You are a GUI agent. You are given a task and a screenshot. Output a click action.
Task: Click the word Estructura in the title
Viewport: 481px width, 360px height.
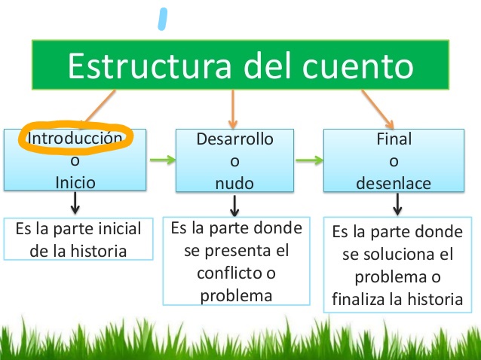(149, 66)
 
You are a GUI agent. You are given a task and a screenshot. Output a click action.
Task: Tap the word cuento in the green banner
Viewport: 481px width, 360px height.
(357, 66)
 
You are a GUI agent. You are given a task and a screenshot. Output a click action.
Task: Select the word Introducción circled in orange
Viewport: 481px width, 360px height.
(75, 138)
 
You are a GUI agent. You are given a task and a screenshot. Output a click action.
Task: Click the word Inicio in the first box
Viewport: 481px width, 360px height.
(75, 182)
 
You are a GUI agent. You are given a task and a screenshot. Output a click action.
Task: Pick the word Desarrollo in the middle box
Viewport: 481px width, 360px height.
(234, 139)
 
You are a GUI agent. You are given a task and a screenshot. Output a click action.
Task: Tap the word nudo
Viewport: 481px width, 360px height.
(234, 184)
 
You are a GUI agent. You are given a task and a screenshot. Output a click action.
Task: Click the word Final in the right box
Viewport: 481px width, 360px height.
(394, 139)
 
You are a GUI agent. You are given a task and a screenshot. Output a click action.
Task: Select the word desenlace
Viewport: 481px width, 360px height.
(394, 183)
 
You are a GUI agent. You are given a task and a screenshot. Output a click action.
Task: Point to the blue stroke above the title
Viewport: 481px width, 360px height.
(163, 19)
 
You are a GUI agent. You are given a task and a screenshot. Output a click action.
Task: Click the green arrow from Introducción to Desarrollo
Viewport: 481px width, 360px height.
(163, 160)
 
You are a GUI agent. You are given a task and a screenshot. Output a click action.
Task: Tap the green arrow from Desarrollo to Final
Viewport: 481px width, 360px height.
(309, 160)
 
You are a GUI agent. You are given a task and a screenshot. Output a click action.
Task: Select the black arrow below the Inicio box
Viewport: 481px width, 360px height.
(75, 203)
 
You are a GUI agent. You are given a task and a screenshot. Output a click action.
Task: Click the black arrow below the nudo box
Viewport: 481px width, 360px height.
(234, 206)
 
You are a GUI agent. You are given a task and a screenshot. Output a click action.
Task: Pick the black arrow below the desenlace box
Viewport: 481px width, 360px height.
(397, 204)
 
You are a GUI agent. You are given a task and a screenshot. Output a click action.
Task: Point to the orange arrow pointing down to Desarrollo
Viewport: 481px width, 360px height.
(233, 109)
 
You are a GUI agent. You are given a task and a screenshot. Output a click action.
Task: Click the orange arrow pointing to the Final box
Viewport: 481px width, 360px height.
(378, 109)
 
